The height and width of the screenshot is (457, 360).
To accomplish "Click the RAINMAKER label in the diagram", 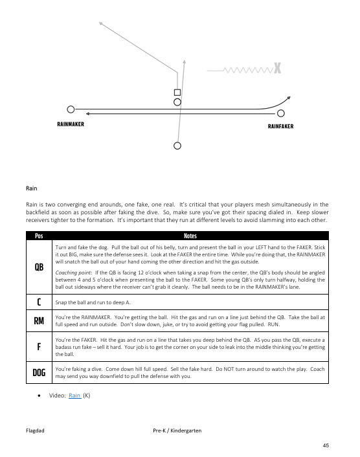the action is (71, 124).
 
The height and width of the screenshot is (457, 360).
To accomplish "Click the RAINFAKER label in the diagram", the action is (281, 126).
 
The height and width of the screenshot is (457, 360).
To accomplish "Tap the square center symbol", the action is (177, 93).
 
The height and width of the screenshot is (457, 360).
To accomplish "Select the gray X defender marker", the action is (277, 68).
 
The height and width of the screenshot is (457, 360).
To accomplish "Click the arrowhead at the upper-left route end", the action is (100, 23).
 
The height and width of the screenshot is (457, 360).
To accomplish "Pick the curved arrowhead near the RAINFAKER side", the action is (288, 98).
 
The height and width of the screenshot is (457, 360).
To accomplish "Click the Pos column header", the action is (39, 236).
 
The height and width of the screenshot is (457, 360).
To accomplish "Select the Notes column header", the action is (190, 236).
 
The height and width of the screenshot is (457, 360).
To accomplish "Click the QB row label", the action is (39, 267).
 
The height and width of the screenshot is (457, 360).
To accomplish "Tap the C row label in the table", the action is (39, 302).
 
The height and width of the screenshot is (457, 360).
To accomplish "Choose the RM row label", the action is (39, 321).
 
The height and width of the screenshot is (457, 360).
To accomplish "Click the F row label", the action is (39, 346).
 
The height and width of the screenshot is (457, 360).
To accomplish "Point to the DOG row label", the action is (39, 372).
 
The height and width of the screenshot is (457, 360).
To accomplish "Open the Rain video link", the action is (74, 396).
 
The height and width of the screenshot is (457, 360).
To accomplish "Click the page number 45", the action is (326, 445).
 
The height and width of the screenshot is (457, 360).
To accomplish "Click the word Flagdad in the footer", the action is (35, 430).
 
